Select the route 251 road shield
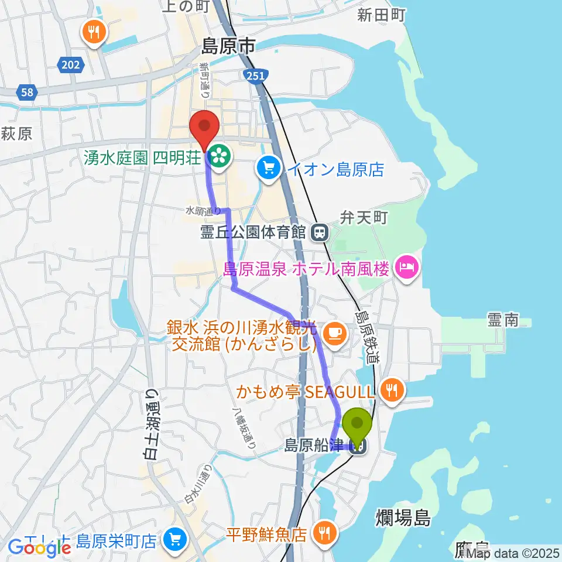pyautogui.click(x=255, y=74)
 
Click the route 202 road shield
pyautogui.click(x=70, y=66)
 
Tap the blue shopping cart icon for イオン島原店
pyautogui.click(x=269, y=170)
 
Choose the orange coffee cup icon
pyautogui.click(x=335, y=333)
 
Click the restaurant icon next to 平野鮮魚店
pyautogui.click(x=323, y=533)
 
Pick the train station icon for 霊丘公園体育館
pyautogui.click(x=320, y=232)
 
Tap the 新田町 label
pyautogui.click(x=381, y=16)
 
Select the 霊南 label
pyautogui.click(x=503, y=320)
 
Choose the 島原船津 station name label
pyautogui.click(x=314, y=446)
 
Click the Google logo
pyautogui.click(x=40, y=547)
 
